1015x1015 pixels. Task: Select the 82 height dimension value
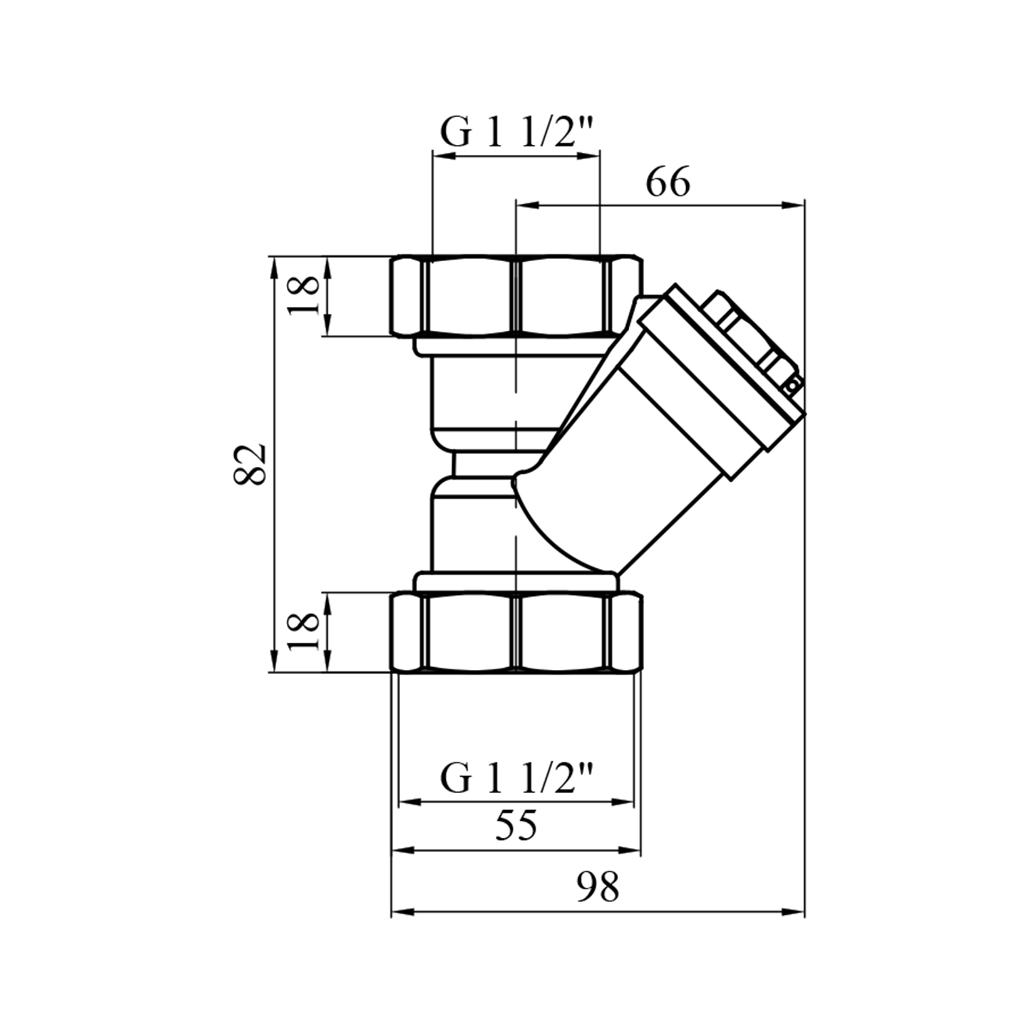(x=249, y=464)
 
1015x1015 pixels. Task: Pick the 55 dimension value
(x=516, y=825)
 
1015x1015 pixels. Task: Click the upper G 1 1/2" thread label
(x=517, y=132)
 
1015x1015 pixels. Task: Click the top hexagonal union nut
(x=516, y=296)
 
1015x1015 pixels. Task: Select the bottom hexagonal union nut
(x=516, y=631)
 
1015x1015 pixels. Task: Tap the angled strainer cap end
(x=721, y=365)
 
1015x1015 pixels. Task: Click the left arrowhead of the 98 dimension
(x=401, y=911)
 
